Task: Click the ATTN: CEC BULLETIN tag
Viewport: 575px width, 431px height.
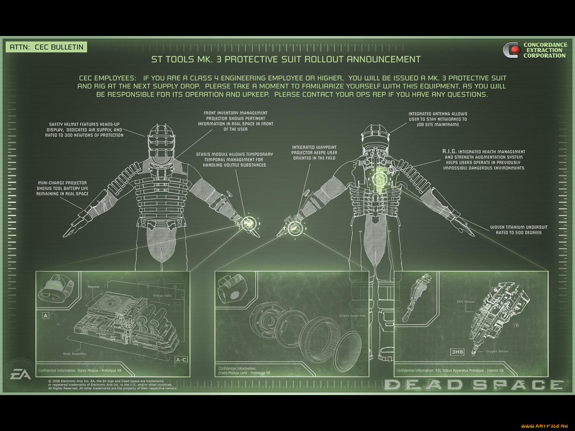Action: tap(46, 47)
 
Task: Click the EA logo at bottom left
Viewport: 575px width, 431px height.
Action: tap(21, 375)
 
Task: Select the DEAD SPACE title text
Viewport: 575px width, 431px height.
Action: tap(474, 385)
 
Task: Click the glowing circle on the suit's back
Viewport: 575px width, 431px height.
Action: tap(379, 178)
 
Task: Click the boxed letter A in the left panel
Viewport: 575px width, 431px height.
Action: tap(46, 316)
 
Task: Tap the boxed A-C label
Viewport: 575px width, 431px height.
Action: tap(181, 360)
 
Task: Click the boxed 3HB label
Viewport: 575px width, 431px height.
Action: tap(457, 352)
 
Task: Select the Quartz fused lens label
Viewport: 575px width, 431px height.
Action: tap(352, 316)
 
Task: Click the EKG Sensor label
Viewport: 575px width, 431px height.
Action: tap(465, 302)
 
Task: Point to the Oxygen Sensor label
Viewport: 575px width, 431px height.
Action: tap(497, 351)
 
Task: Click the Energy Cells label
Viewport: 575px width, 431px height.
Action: tap(162, 296)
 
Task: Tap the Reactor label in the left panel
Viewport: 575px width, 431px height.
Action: tap(93, 287)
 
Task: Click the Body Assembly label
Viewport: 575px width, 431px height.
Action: tap(74, 354)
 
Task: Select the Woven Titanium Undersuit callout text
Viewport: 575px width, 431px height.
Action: tap(519, 230)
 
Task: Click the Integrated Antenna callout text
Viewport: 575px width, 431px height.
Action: tap(438, 119)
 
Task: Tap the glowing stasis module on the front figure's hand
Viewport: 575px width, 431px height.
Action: tap(248, 223)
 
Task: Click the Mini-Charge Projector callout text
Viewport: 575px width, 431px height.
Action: tap(62, 188)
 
